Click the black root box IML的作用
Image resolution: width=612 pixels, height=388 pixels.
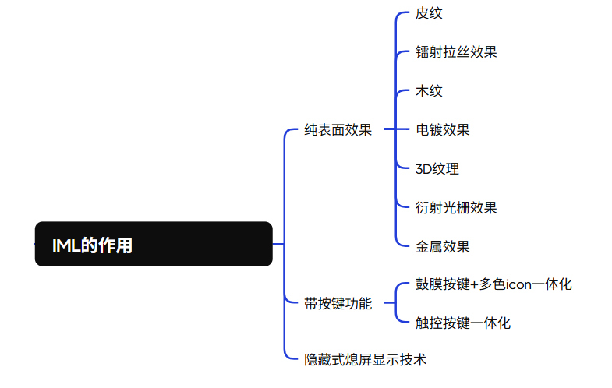[x=154, y=244]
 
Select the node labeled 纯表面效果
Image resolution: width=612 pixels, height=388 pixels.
[x=338, y=130]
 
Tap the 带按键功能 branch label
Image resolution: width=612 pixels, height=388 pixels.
[x=338, y=303]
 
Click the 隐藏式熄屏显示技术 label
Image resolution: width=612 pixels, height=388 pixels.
[x=365, y=359]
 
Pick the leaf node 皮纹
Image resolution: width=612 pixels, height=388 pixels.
[x=429, y=13]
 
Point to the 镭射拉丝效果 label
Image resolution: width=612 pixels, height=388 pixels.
[x=456, y=52]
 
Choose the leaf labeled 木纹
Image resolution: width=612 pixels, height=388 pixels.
[x=429, y=91]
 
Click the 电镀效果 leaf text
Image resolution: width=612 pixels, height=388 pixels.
[x=443, y=130]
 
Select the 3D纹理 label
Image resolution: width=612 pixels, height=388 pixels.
[x=437, y=169]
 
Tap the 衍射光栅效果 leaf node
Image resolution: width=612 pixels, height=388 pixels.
[x=456, y=208]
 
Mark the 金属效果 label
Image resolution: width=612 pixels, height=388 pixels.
[x=443, y=247]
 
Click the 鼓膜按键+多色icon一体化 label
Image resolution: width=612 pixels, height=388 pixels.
[x=493, y=284]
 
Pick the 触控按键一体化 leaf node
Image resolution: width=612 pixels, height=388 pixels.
[x=463, y=323]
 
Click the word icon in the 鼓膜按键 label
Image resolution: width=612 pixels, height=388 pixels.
[x=518, y=284]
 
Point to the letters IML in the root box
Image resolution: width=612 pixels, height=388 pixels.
[x=66, y=245]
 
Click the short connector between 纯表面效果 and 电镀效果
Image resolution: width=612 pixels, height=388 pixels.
[x=391, y=129]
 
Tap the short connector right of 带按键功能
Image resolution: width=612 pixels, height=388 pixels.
[x=390, y=302]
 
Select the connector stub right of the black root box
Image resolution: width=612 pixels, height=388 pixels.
[x=278, y=244]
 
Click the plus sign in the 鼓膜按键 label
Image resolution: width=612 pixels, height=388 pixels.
[x=474, y=285]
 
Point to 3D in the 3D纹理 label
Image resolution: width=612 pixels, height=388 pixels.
[x=423, y=169]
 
